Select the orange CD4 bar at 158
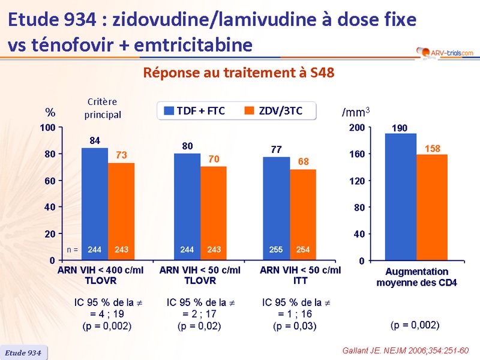pos(432,207)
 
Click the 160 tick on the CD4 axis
pos(356,154)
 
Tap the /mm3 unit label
pos(356,112)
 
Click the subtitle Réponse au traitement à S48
pos(238,73)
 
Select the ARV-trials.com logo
pos(443,53)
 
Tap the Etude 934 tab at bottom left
pos(23,353)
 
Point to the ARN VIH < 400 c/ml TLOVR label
pos(100,275)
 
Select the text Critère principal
pos(103,109)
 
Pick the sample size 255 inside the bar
pos(277,248)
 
